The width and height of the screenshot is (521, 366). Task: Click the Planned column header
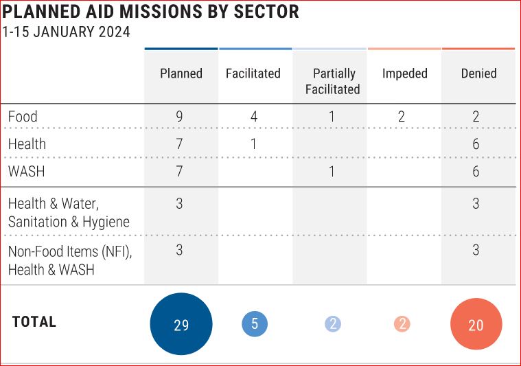coord(181,73)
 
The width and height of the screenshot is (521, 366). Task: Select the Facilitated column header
coord(253,73)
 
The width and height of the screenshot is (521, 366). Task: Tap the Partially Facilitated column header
coord(333,82)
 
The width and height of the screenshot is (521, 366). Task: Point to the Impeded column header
coord(405,73)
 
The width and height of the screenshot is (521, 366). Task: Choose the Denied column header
coord(479,73)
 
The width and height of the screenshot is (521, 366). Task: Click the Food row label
coord(23,117)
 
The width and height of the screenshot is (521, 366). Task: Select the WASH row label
coord(27,172)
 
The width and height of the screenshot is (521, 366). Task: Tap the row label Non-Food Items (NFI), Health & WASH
coord(70,260)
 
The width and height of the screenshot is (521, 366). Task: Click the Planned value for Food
coord(179,117)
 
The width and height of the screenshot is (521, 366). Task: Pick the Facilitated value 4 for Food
coord(254,117)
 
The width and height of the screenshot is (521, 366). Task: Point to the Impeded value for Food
coord(402,117)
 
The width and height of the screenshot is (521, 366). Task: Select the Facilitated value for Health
coord(254,144)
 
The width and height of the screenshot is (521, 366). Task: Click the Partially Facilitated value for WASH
coord(332,172)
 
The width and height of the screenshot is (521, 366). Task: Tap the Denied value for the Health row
coord(476,144)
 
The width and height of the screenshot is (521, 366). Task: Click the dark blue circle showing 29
coord(181,324)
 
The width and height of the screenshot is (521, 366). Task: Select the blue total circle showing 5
coord(255,324)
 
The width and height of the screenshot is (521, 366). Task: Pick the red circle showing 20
coord(476,324)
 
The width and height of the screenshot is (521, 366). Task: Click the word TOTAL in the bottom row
coord(34,322)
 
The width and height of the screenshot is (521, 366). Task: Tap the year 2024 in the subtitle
coord(115,32)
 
